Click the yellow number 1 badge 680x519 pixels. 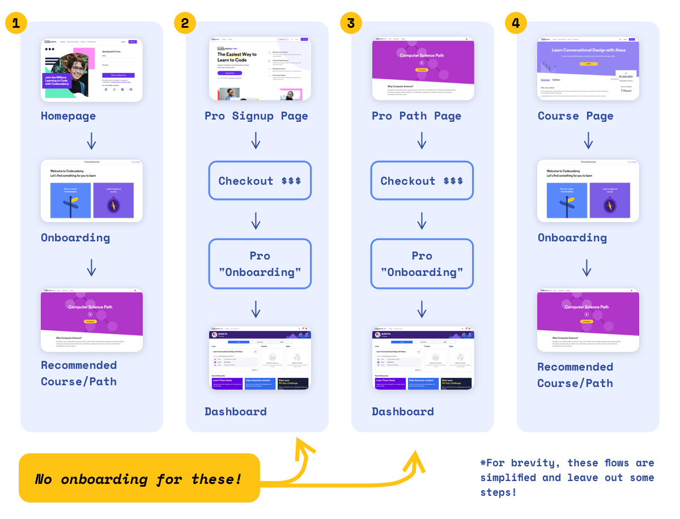[x=16, y=23]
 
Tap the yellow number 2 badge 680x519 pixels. [x=184, y=23]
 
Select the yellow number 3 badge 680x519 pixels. [x=351, y=23]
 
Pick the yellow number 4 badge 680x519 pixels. [x=515, y=23]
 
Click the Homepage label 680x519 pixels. [x=68, y=116]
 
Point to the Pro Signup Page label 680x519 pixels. [x=256, y=116]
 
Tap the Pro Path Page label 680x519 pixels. [x=416, y=116]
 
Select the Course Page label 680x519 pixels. [x=575, y=116]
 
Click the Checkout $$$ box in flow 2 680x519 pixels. [x=260, y=181]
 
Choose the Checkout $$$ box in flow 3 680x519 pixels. [x=422, y=181]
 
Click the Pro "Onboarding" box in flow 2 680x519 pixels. [x=260, y=263]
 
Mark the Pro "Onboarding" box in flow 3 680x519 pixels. [x=422, y=263]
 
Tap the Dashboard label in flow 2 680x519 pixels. [x=235, y=412]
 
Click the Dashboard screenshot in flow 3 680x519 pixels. [x=423, y=358]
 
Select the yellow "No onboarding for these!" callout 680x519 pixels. [x=139, y=478]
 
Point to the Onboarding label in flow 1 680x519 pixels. [x=75, y=238]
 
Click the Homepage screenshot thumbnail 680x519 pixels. [x=92, y=70]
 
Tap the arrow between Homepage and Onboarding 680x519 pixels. [x=91, y=141]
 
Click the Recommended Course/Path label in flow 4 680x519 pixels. [x=575, y=375]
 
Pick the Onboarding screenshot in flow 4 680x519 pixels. [x=588, y=191]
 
